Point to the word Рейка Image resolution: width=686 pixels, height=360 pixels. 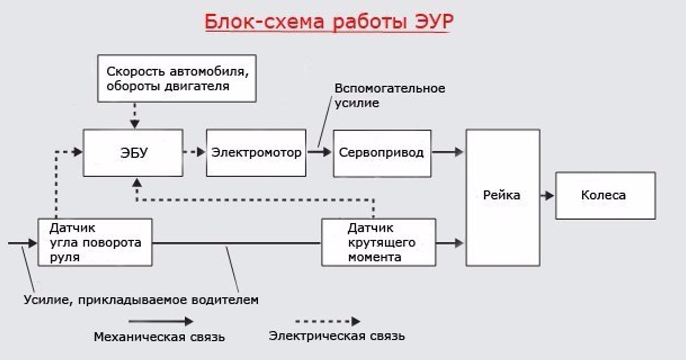click(502, 195)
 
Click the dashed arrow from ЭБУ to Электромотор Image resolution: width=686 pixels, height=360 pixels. click(194, 152)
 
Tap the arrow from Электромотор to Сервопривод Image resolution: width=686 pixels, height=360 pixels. click(320, 152)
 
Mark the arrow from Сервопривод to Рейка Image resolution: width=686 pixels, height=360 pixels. click(448, 152)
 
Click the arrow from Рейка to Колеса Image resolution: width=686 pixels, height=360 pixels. click(547, 195)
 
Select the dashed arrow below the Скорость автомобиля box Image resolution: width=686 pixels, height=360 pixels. click(135, 115)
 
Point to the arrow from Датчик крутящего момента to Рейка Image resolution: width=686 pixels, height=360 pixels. click(449, 243)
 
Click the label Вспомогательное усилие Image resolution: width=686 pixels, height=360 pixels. click(389, 95)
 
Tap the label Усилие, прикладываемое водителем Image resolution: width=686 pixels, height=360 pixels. click(141, 300)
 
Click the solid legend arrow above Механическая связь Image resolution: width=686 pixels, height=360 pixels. click(161, 321)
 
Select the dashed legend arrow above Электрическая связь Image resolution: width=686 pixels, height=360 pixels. click(328, 321)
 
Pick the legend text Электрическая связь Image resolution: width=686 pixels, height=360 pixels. click(337, 336)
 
